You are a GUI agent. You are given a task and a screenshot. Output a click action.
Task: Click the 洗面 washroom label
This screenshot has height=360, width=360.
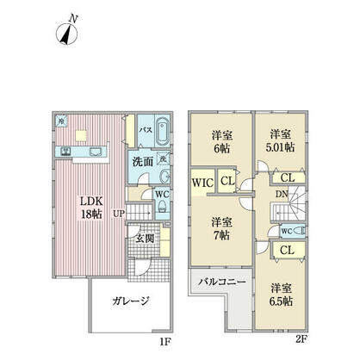coord(143,161)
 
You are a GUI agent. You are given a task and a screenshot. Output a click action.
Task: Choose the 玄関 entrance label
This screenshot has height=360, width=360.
coord(144,238)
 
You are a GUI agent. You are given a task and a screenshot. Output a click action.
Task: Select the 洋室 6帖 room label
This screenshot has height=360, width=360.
coord(222,140)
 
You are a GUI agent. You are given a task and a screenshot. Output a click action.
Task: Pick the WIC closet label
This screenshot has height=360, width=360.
coord(203,182)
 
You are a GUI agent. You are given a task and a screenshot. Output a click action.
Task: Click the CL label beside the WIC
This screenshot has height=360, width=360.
coord(226,182)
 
